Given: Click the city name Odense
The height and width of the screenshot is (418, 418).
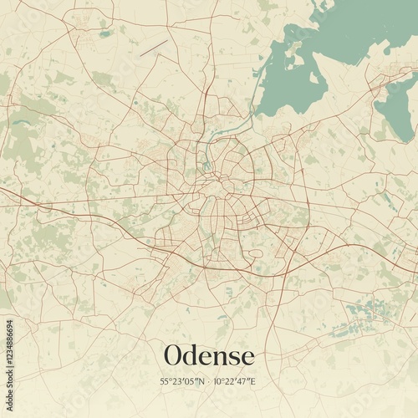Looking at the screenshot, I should pos(209,355).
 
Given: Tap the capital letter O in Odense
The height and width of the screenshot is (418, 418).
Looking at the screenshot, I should pos(174,355).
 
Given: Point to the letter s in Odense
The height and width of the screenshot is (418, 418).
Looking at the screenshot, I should pos(228,357).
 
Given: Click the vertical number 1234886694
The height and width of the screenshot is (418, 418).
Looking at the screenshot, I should pos(8,359).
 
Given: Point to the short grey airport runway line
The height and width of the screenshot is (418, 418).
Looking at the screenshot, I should pos(154,49).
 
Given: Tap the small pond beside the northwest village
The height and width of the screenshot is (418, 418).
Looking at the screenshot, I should pos(104,34).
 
